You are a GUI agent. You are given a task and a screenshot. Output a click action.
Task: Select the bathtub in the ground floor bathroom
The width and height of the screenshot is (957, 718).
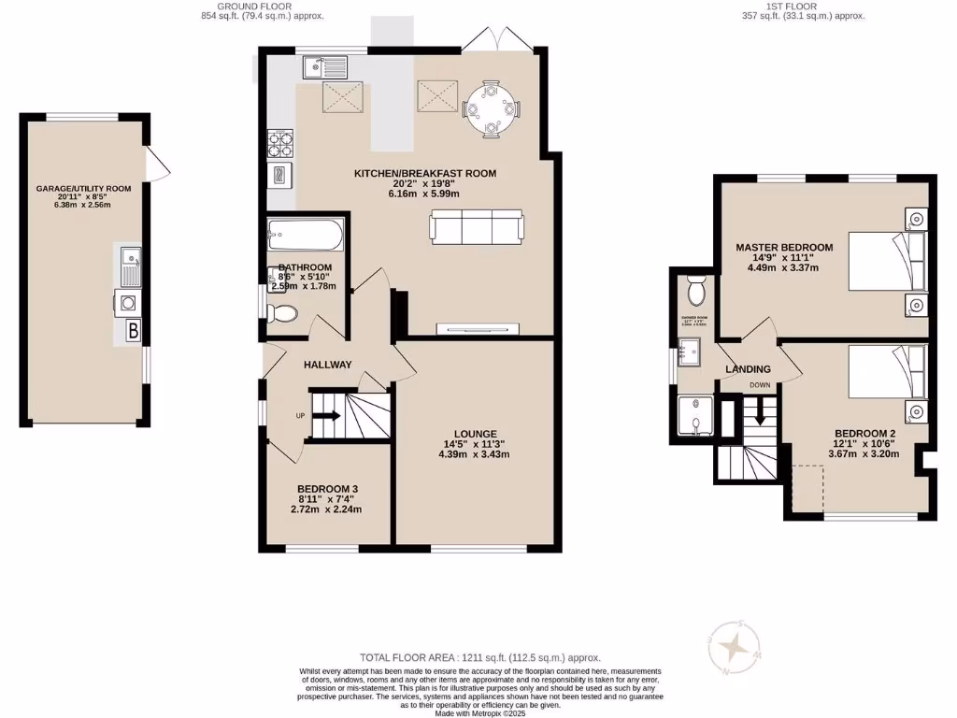(x=304, y=235)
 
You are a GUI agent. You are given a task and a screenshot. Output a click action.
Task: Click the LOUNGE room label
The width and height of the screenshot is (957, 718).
(x=474, y=433)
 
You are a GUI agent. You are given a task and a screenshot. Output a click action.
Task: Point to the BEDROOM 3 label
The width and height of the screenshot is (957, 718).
(x=327, y=489)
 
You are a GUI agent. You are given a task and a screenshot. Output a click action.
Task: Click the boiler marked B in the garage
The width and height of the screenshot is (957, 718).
(x=133, y=330)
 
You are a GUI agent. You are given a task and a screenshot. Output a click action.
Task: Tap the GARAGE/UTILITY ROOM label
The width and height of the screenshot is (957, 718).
(x=83, y=188)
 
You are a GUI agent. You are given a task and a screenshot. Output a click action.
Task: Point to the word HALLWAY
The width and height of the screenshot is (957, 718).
(x=327, y=365)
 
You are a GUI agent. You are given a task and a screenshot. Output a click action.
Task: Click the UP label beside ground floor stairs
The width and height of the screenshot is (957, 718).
(x=301, y=415)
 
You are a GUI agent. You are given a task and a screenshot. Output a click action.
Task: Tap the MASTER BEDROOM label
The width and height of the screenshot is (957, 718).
(x=783, y=248)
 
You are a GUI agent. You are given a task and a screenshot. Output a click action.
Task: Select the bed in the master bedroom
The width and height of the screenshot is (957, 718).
(x=886, y=262)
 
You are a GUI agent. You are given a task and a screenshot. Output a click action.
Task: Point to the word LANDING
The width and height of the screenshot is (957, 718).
(x=749, y=369)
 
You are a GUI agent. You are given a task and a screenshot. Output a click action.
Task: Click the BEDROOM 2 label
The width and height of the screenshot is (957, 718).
(x=864, y=433)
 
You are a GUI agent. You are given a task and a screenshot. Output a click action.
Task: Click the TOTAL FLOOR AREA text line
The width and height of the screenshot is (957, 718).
(x=479, y=658)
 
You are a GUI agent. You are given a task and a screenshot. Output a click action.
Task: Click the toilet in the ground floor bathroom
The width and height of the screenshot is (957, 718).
(x=282, y=313)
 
